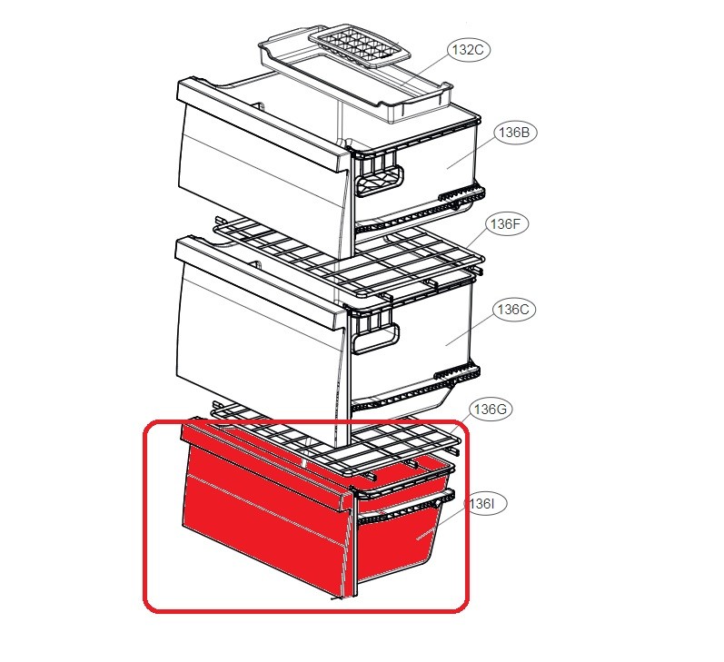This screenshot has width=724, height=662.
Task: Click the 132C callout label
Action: pyautogui.click(x=468, y=49)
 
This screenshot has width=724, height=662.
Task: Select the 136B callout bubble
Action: pyautogui.click(x=514, y=133)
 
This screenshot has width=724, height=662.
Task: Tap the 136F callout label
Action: pyautogui.click(x=507, y=224)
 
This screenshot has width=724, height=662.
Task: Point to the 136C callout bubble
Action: pyautogui.click(x=513, y=310)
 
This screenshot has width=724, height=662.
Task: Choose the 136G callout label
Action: pyautogui.click(x=491, y=410)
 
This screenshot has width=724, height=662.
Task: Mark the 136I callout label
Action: pyautogui.click(x=485, y=504)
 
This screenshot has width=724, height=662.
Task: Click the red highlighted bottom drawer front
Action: pyautogui.click(x=265, y=521)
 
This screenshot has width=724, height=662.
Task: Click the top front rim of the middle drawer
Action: pyautogui.click(x=260, y=282)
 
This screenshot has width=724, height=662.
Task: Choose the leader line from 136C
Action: pyautogui.click(x=469, y=330)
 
